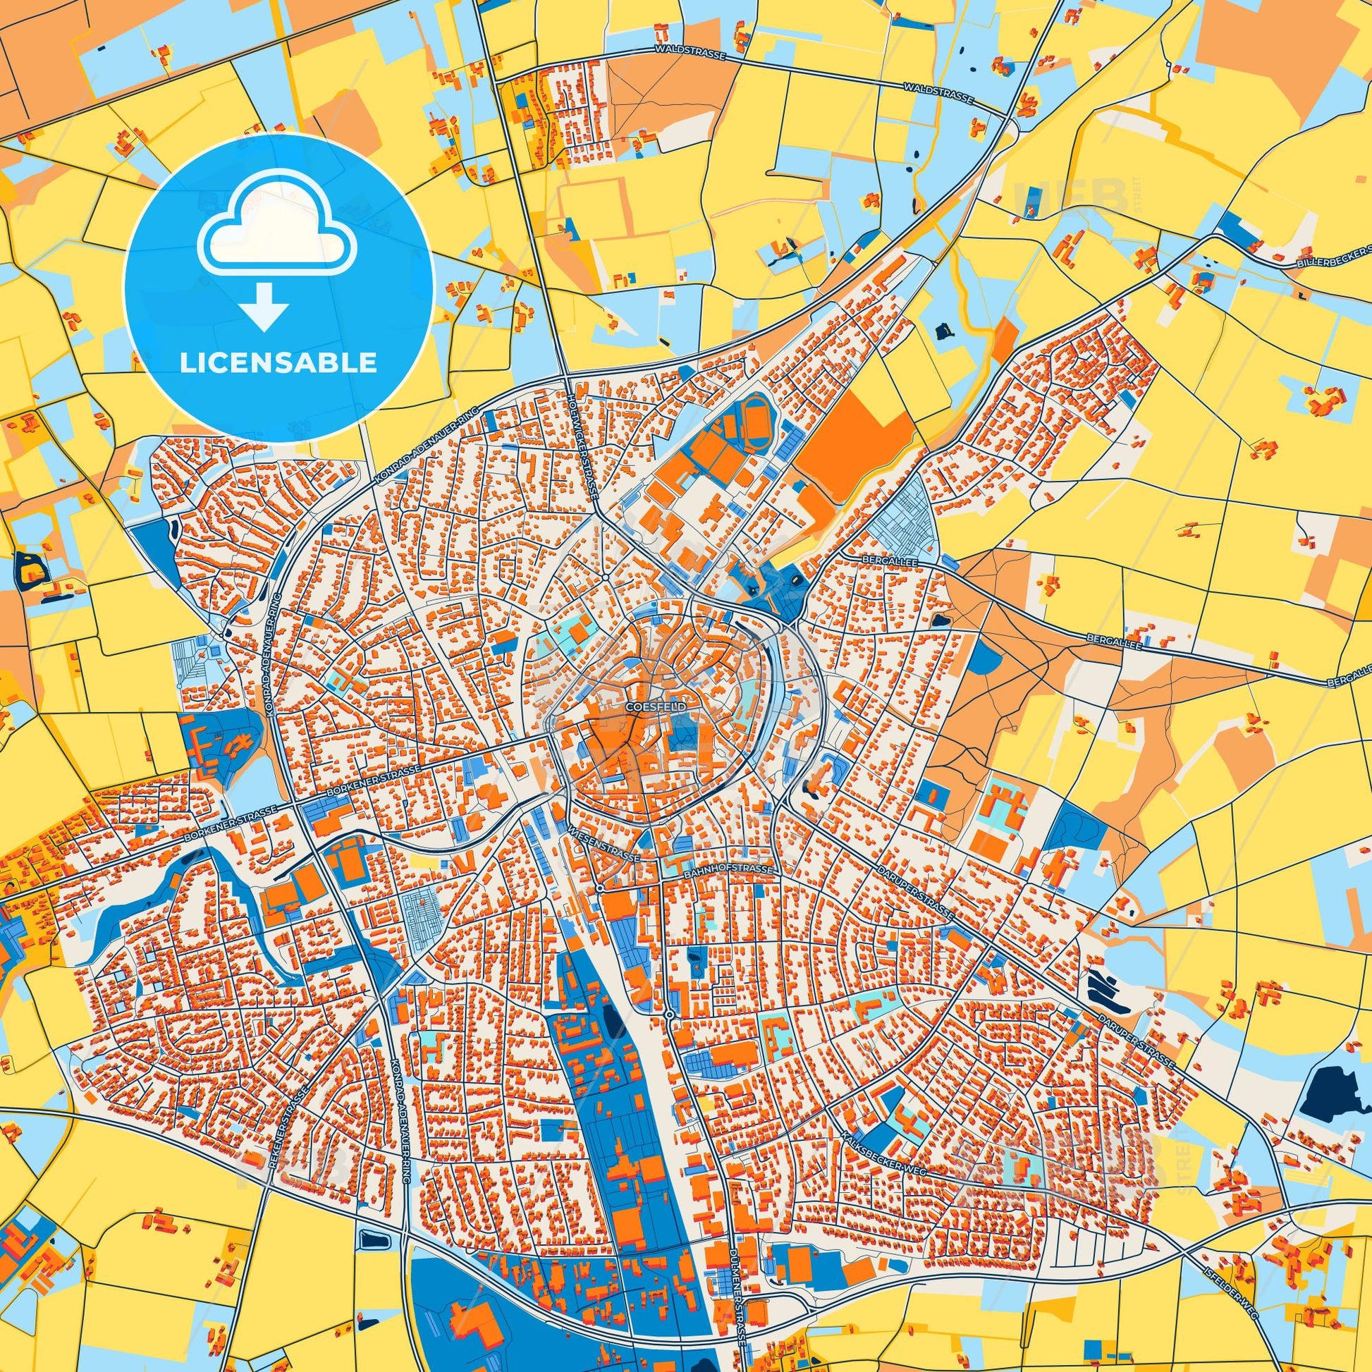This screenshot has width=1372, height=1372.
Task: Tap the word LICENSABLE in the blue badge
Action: coord(278,363)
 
